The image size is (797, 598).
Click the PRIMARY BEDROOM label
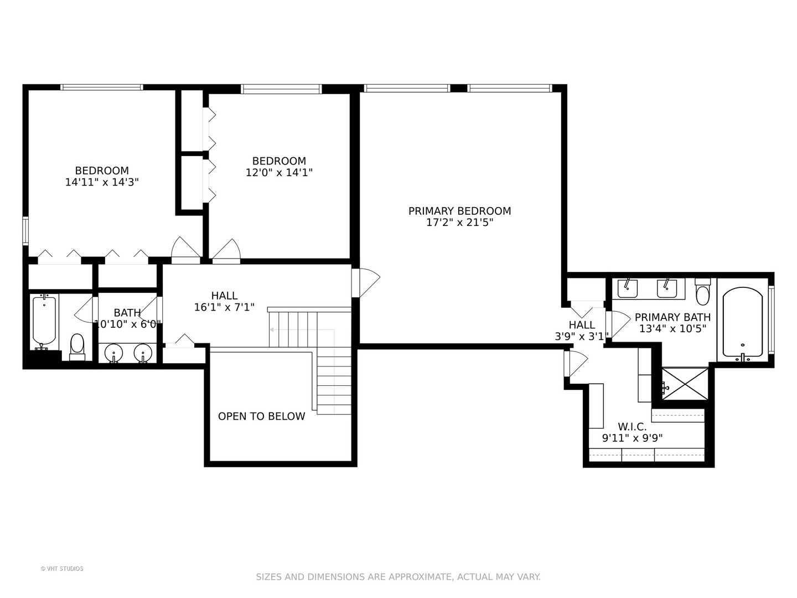459,211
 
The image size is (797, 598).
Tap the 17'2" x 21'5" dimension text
459,222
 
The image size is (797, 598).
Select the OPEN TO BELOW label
261,416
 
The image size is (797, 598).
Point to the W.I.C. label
632,426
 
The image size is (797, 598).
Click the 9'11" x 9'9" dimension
632,438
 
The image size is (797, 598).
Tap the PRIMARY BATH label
672,317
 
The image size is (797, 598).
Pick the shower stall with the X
685,384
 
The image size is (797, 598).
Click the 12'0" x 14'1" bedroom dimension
279,172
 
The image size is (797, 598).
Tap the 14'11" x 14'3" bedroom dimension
102,182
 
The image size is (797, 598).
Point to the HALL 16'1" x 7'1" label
224,301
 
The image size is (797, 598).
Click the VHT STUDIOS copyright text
62,568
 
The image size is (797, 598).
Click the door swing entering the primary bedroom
366,283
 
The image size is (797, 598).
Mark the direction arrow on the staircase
302,329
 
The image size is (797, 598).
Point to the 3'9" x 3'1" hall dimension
581,337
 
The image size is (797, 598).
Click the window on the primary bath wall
772,319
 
